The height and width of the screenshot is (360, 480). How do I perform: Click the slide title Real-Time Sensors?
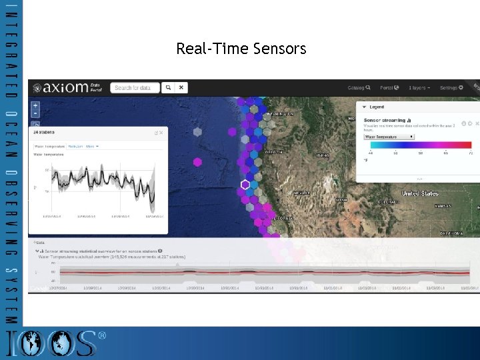[241, 49]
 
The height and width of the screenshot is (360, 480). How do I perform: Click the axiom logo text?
[65, 88]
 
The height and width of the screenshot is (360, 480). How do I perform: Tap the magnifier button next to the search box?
[169, 87]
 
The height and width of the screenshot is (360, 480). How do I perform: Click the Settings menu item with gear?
[451, 87]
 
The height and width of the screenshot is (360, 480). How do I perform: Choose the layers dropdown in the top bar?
[419, 87]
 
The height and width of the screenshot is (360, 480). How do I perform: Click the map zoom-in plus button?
[35, 105]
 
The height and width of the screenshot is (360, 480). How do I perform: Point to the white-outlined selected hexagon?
[245, 185]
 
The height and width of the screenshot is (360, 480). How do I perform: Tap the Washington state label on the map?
[280, 114]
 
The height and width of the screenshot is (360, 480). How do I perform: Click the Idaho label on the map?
[322, 155]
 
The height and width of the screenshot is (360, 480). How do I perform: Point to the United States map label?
[420, 193]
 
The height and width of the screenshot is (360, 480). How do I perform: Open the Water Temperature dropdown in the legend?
[389, 136]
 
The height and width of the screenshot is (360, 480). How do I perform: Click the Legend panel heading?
[377, 107]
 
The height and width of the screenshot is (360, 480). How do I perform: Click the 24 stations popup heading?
[48, 133]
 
